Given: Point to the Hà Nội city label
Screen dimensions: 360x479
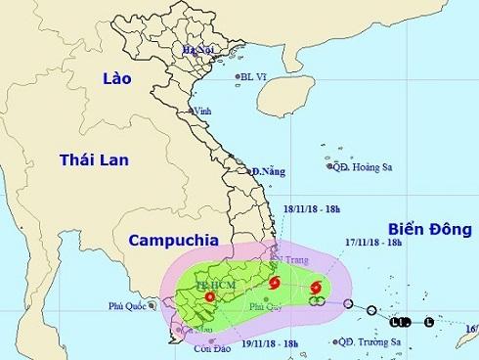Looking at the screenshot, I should tap(197, 49).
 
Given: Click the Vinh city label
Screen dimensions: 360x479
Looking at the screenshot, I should tap(203, 111).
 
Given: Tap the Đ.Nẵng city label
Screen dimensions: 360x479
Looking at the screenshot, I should tap(266, 171).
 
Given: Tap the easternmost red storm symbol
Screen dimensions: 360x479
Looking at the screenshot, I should tap(315, 288).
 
